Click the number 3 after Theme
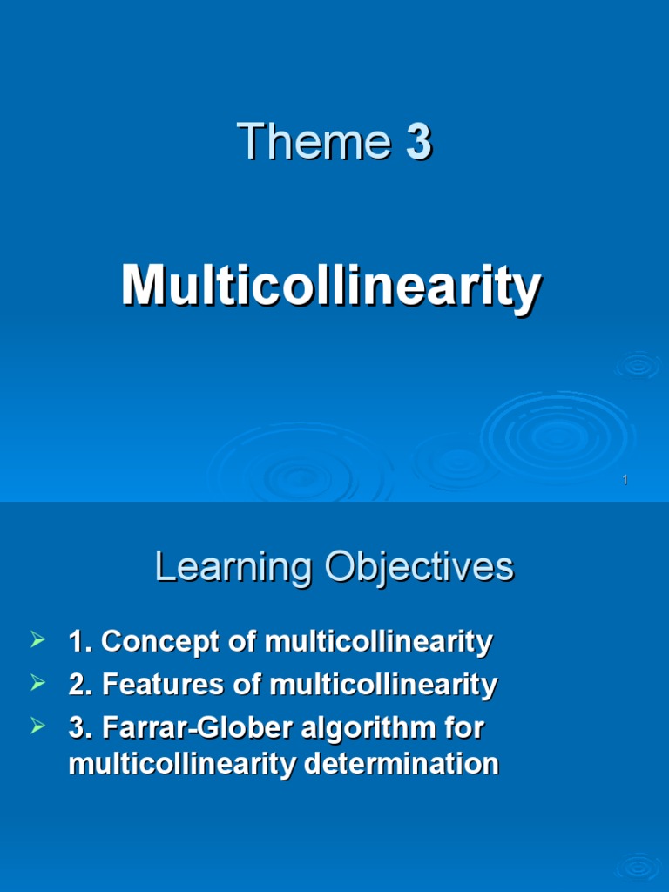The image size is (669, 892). click(x=418, y=143)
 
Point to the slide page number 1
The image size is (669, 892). click(x=625, y=482)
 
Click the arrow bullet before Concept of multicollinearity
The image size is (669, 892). click(x=37, y=642)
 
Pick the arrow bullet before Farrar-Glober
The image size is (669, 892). click(x=37, y=726)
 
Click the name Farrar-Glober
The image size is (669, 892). click(x=198, y=727)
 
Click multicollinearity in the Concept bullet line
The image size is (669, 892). click(x=378, y=643)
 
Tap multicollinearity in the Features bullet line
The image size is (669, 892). click(x=383, y=686)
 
